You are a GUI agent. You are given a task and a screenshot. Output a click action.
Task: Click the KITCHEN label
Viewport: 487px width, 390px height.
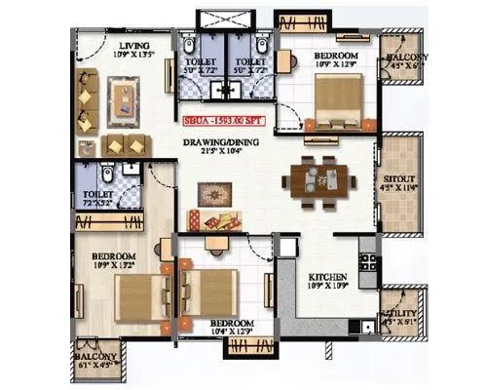click(328, 276)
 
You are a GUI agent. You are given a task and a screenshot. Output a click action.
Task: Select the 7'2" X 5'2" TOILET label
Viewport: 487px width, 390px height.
click(98, 199)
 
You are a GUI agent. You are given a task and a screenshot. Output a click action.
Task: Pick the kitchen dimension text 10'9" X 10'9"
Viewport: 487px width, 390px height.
click(328, 288)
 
